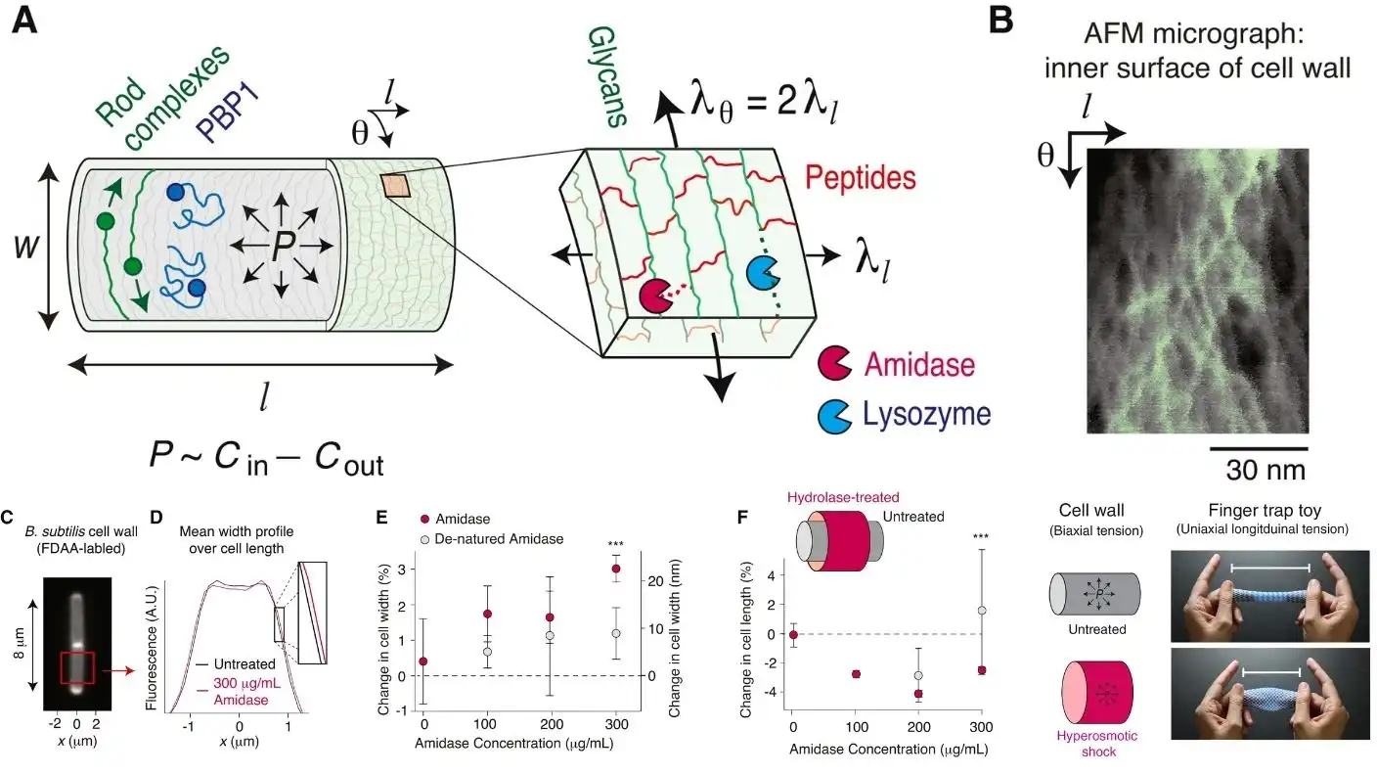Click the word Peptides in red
click(x=861, y=178)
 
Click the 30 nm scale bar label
click(x=1266, y=470)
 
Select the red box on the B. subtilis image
click(x=76, y=669)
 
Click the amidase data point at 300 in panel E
click(x=616, y=570)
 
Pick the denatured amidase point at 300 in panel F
click(x=982, y=611)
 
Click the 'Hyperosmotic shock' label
click(x=1088, y=744)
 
